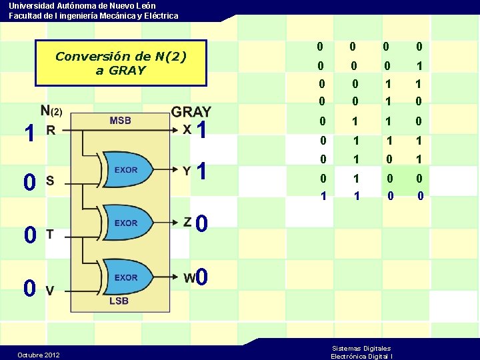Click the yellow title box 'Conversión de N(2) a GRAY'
121,63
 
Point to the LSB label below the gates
118,301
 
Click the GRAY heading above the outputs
191,112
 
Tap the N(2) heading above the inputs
51,111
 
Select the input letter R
51,131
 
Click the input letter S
49,180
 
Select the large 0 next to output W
203,276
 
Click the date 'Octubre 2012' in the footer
38,355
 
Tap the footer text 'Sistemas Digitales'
361,348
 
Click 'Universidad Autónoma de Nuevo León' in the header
83,5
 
